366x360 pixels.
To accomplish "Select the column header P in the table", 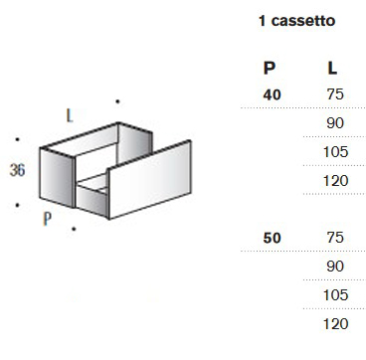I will point(269,69).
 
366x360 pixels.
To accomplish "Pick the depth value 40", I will point(271,93).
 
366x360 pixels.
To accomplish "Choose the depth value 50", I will point(271,239).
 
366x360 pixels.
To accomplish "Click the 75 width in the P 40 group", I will point(334,93).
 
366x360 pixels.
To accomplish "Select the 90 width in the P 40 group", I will point(334,122).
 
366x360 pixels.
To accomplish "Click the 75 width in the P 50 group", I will point(334,239).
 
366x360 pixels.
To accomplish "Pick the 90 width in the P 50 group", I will point(334,268).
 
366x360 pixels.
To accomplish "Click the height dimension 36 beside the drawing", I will point(16,170).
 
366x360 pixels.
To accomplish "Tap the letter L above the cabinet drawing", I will point(69,114).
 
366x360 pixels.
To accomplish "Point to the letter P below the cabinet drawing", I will point(47,219).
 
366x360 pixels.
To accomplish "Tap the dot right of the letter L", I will point(117,99).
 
